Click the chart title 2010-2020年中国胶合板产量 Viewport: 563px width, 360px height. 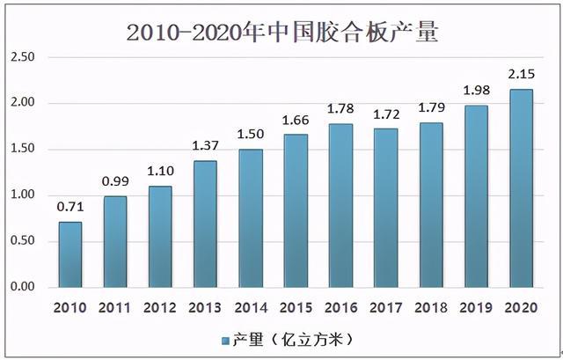(x=281, y=33)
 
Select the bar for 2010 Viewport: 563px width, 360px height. (x=69, y=254)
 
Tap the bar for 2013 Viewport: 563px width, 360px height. (x=205, y=224)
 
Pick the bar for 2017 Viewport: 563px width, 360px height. (x=385, y=208)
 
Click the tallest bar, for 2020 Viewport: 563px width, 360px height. (x=521, y=188)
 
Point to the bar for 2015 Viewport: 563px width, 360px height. (x=296, y=210)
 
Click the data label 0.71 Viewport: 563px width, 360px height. (x=69, y=209)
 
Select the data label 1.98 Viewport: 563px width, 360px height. (x=476, y=92)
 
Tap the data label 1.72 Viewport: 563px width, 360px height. (x=385, y=115)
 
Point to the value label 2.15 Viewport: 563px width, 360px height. (x=521, y=77)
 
